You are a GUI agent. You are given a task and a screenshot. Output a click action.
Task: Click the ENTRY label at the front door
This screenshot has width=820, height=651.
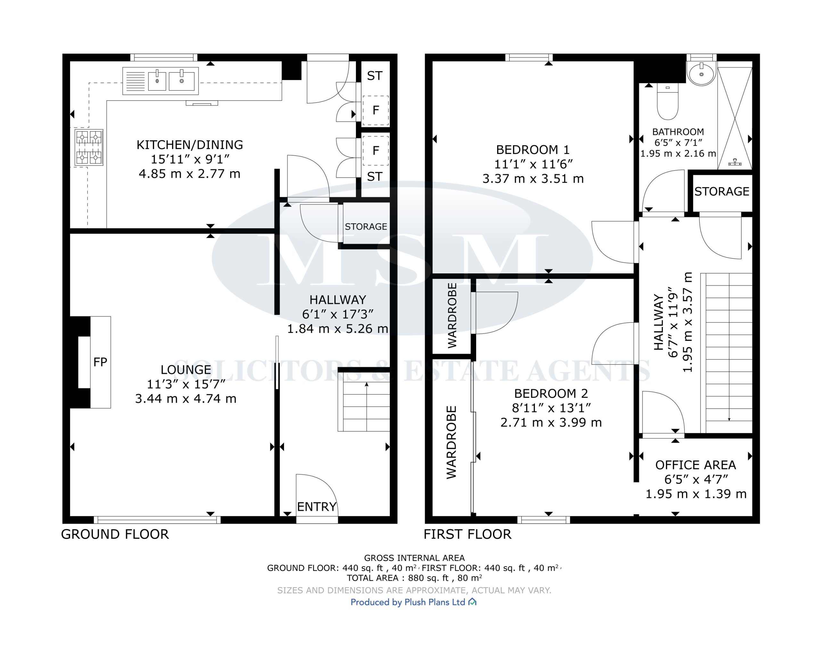[316, 507]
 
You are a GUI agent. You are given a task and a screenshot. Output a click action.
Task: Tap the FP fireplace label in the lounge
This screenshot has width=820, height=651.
[100, 362]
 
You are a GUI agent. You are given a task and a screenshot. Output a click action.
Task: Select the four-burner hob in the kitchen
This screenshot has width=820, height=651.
[89, 147]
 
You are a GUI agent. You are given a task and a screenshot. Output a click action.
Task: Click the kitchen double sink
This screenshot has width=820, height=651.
[160, 81]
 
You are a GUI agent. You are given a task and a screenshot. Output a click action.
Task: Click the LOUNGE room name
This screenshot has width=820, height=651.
[185, 370]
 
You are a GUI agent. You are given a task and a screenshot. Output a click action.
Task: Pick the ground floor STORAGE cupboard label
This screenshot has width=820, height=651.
[366, 227]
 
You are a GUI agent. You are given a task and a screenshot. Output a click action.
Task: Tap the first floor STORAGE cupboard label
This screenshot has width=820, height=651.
[721, 191]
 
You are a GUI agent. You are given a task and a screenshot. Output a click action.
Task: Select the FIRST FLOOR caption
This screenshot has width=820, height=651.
[467, 534]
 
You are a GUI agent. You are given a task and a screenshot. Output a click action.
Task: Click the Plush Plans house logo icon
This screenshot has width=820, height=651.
[472, 602]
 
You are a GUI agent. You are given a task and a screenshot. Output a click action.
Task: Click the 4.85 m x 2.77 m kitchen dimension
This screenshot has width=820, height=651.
[189, 174]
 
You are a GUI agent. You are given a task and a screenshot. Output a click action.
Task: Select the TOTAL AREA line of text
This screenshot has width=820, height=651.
[414, 578]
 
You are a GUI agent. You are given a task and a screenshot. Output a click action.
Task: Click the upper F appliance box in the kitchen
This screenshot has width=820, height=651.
[375, 110]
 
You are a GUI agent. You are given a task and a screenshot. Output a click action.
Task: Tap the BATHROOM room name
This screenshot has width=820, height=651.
[678, 132]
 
